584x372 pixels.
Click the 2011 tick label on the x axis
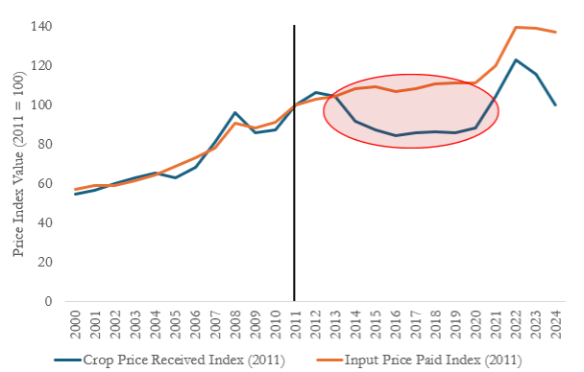296,325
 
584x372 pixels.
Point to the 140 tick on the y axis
41,27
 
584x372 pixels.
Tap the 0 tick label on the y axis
48,301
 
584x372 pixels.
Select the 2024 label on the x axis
556,325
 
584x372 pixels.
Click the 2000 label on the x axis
76,325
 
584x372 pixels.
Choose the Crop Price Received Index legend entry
169,360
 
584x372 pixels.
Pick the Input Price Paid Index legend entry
419,360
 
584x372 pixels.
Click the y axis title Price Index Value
18,164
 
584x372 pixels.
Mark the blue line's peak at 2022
516,59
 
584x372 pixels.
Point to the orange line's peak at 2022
516,27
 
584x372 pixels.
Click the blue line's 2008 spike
235,112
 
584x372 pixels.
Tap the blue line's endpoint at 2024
556,105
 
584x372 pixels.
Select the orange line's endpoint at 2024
556,32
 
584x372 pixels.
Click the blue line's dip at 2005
175,177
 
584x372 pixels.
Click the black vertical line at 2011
294,163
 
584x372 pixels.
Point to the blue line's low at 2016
396,135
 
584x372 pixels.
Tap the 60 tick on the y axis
45,183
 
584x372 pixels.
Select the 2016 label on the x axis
396,325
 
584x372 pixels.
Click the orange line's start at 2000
76,189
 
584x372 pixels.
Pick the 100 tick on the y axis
41,105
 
